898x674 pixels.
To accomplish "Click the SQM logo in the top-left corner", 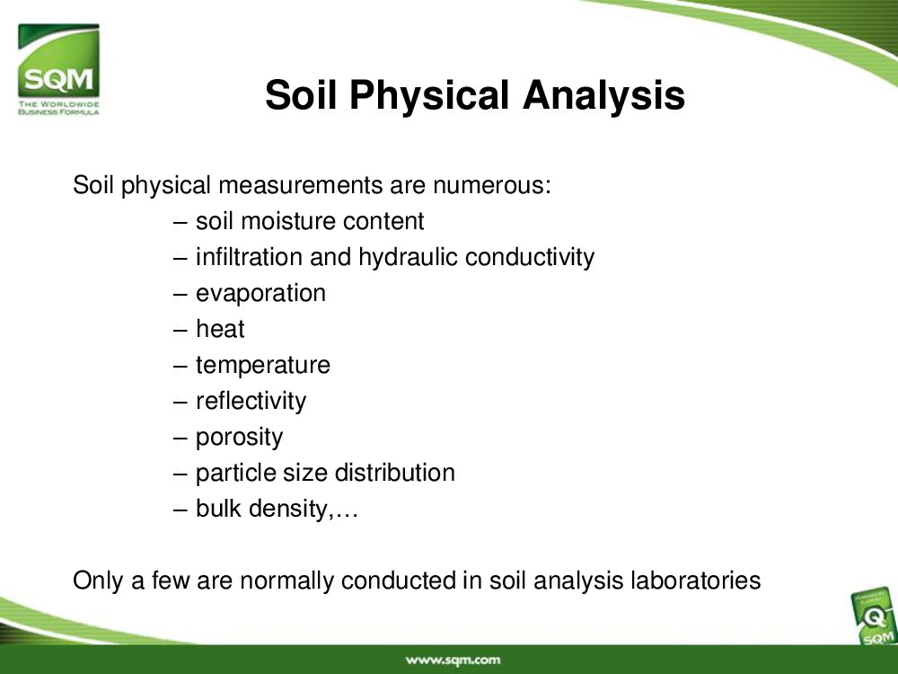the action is coord(58,69).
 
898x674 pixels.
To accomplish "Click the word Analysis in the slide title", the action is coord(603,94).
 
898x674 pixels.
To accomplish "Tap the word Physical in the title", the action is coord(429,94).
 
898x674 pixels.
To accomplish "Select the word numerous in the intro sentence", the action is coord(491,185).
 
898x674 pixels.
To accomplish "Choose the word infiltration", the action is coord(249,257).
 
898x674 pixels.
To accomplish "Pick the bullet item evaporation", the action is coord(260,294).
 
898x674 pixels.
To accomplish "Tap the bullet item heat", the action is coord(220,329).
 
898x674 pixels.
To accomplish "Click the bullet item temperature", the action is coord(263,365).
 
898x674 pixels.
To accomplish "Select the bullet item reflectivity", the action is coord(251,401).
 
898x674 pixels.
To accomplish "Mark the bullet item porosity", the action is coord(240,438).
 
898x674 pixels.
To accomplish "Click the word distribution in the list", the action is coord(394,473).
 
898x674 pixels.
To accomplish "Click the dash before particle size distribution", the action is coord(180,474).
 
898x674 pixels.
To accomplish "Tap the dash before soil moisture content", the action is coord(180,222).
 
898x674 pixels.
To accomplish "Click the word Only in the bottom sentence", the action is coord(98,581).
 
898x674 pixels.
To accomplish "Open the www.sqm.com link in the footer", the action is coord(453,661).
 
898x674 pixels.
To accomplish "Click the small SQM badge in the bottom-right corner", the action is coord(875,618).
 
